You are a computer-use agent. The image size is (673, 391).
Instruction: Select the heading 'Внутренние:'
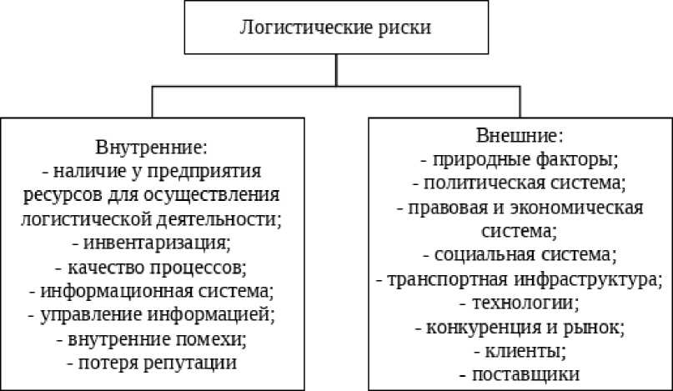(151, 148)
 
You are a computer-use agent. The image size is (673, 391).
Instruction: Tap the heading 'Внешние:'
(520, 134)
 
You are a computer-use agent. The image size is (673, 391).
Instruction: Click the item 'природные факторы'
(520, 158)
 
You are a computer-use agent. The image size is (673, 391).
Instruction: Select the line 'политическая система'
(520, 181)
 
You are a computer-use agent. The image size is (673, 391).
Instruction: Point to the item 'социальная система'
(520, 253)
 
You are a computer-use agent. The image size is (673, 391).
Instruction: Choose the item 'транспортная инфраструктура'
(520, 278)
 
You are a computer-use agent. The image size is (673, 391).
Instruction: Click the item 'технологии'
(520, 301)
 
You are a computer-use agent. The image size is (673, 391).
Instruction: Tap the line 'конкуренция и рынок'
(520, 325)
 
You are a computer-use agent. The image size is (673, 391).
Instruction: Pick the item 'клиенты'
(520, 349)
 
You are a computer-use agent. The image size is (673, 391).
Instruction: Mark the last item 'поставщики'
(520, 373)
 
